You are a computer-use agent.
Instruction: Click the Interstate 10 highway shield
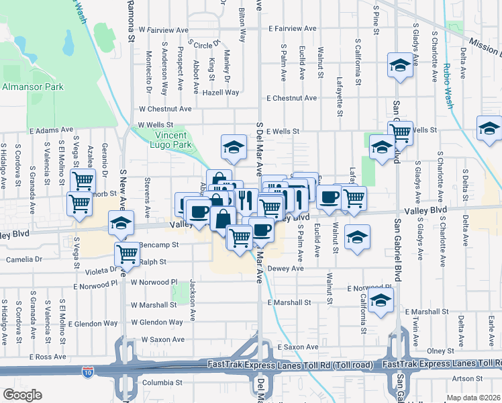(x=88, y=371)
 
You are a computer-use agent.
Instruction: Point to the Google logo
(x=22, y=395)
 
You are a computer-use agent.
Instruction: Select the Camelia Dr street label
(x=24, y=259)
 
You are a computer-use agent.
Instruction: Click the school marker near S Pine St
(x=400, y=66)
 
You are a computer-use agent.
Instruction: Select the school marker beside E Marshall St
(x=381, y=302)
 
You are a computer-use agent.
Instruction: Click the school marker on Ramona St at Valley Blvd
(x=120, y=225)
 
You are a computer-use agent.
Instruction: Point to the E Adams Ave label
(x=52, y=129)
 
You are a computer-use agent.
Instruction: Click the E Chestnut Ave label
(x=291, y=98)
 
